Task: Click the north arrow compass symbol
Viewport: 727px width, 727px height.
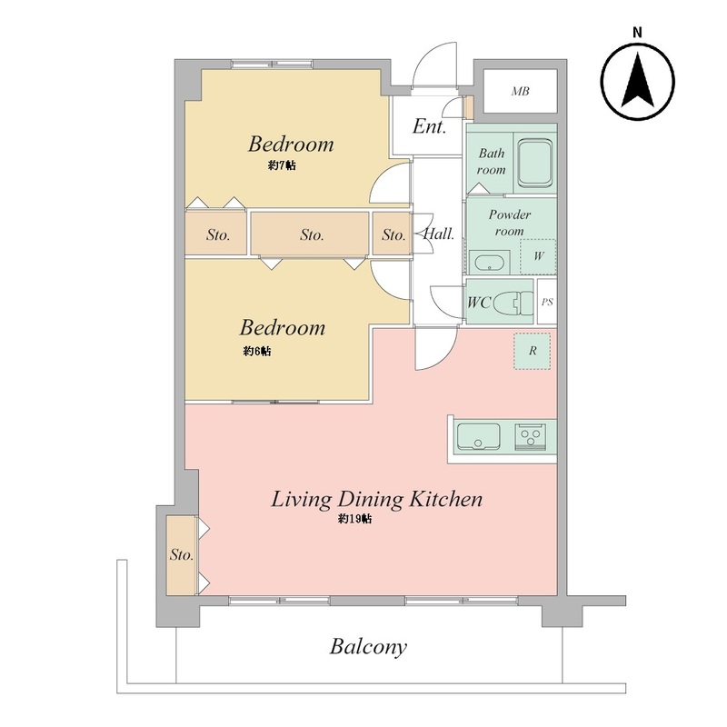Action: pyautogui.click(x=638, y=82)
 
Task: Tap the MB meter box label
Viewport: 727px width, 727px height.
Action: pyautogui.click(x=520, y=92)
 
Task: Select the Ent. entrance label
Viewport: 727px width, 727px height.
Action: pyautogui.click(x=429, y=126)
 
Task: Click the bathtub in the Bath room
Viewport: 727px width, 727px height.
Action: pyautogui.click(x=535, y=164)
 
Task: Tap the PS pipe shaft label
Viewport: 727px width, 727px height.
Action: pyautogui.click(x=547, y=302)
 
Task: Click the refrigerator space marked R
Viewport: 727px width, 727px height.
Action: pyautogui.click(x=532, y=351)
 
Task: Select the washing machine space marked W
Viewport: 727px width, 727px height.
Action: pyautogui.click(x=538, y=256)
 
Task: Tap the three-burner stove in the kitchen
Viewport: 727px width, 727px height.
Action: pyautogui.click(x=531, y=436)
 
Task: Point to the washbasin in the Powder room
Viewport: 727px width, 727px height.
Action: pyautogui.click(x=490, y=263)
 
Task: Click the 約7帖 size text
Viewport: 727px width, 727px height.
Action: pyautogui.click(x=282, y=165)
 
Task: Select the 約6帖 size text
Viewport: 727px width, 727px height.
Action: pyautogui.click(x=257, y=351)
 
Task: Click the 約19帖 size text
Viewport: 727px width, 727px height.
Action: pyautogui.click(x=354, y=518)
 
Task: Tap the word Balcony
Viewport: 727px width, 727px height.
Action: pyautogui.click(x=368, y=646)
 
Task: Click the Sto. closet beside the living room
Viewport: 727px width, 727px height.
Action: pyautogui.click(x=181, y=554)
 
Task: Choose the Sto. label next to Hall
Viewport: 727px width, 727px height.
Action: pyautogui.click(x=393, y=235)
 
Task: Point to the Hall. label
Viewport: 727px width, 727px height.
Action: pyautogui.click(x=439, y=234)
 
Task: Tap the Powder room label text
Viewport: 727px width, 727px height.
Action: pyautogui.click(x=510, y=223)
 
